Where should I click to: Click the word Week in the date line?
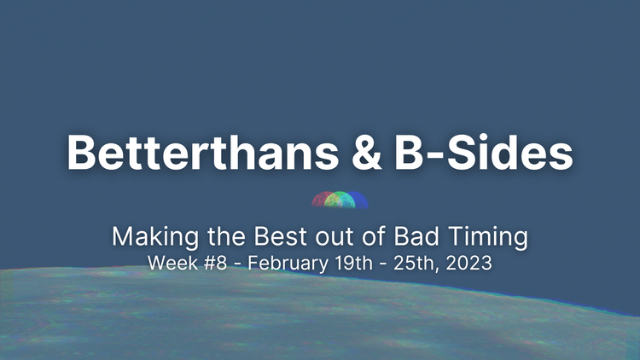click(167, 263)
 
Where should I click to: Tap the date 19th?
click(351, 263)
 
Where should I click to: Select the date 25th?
click(408, 263)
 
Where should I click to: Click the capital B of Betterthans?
click(83, 154)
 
